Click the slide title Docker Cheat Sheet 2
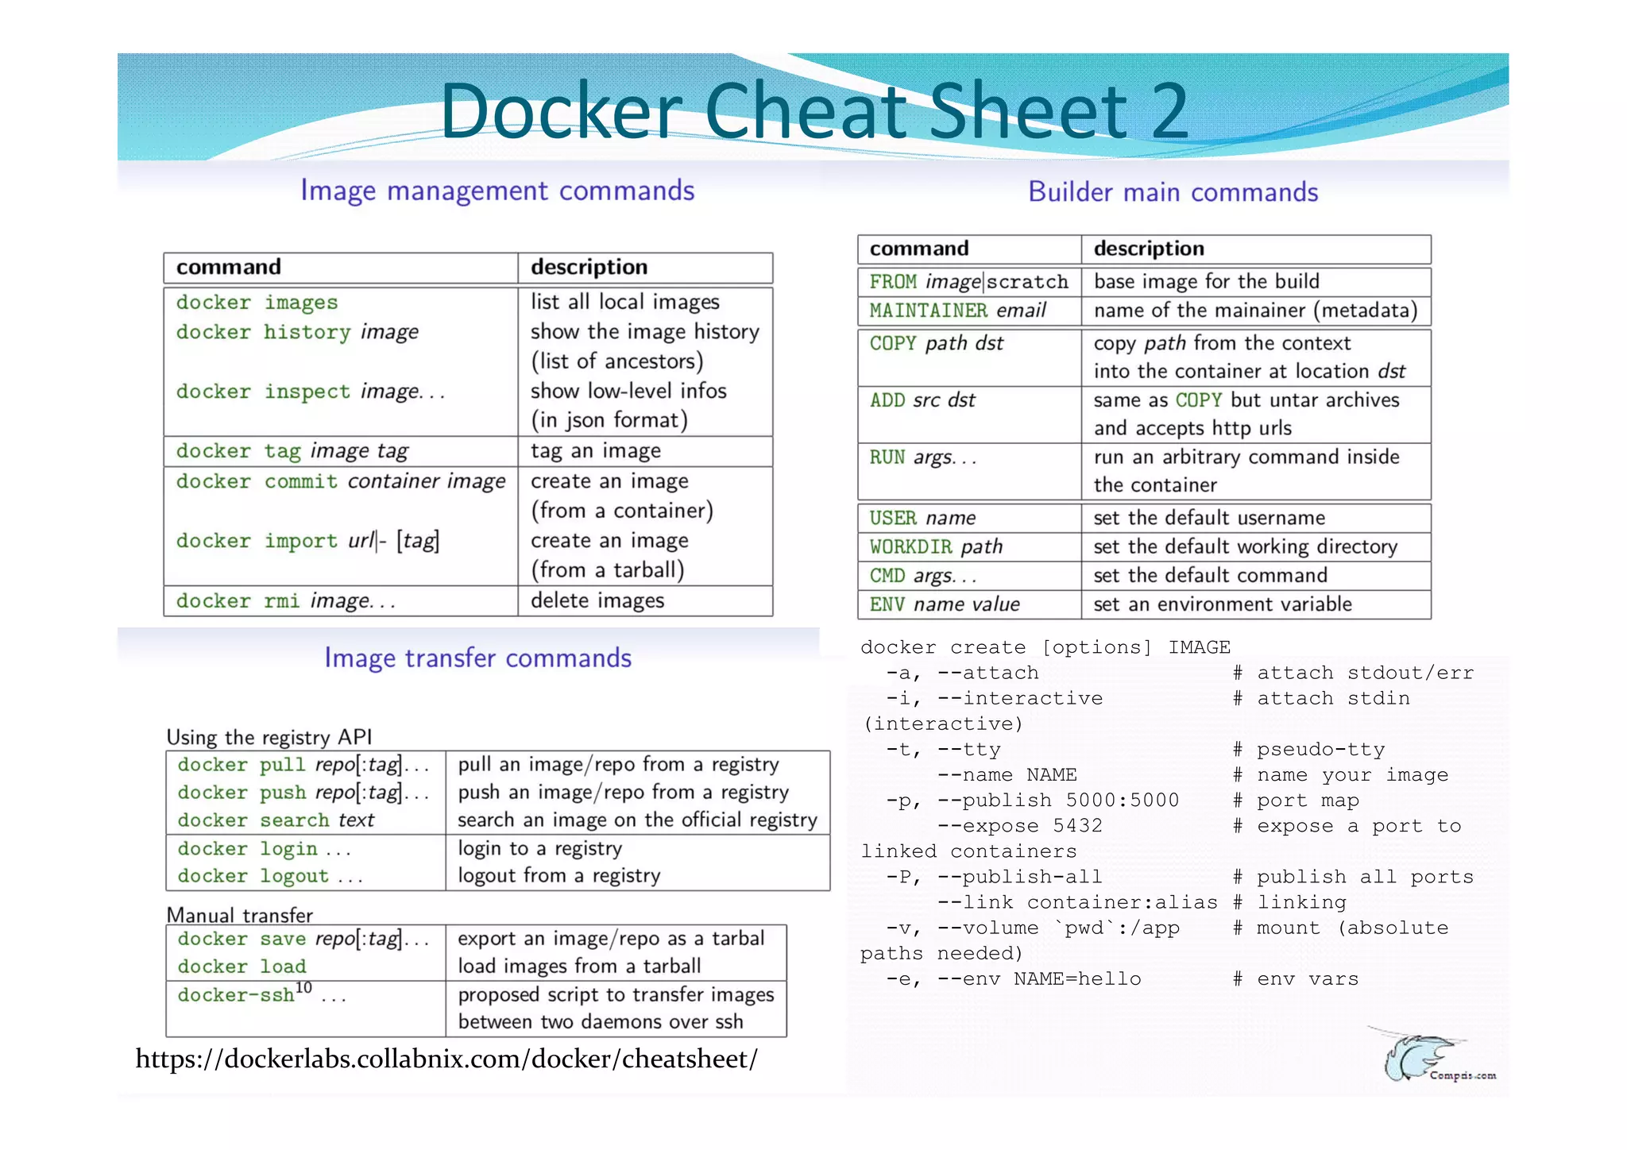click(x=813, y=111)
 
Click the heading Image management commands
click(x=497, y=191)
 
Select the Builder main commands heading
click(x=1173, y=192)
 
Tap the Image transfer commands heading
click(x=477, y=658)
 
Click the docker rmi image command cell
click(x=286, y=601)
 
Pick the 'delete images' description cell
click(x=597, y=601)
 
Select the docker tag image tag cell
click(x=292, y=451)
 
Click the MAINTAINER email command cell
click(x=957, y=311)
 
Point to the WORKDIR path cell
click(x=936, y=547)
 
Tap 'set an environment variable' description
click(x=1222, y=604)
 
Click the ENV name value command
click(x=945, y=604)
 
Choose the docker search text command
click(x=276, y=820)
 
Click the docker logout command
click(x=269, y=876)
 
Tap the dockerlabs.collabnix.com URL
click(x=446, y=1059)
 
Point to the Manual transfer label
click(x=239, y=915)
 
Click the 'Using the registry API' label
click(x=269, y=737)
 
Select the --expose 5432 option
click(x=1020, y=826)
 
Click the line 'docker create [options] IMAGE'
click(x=1045, y=647)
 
